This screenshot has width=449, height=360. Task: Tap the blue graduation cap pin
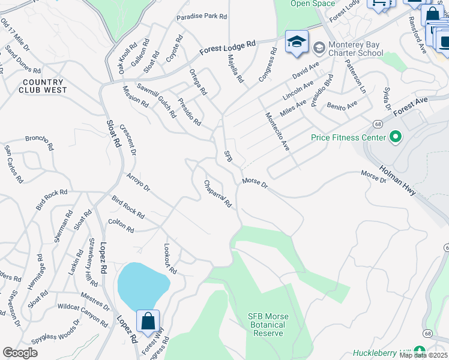(x=296, y=43)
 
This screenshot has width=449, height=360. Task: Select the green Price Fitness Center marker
(x=395, y=138)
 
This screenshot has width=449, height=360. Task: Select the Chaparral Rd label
(x=217, y=194)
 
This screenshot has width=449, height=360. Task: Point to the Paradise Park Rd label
(x=202, y=17)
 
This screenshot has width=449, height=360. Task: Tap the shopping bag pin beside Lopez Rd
(x=148, y=320)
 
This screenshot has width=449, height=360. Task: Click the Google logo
(x=20, y=353)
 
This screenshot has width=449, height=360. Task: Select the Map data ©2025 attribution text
(x=423, y=355)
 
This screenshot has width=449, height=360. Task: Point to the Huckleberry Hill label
(x=381, y=352)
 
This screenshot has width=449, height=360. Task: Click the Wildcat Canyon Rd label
(x=83, y=315)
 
